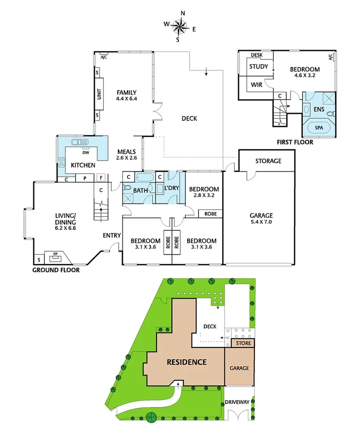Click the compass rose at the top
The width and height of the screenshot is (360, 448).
coord(180,27)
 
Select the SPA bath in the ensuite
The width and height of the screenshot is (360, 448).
coord(319,127)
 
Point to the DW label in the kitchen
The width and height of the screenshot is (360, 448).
coord(86,152)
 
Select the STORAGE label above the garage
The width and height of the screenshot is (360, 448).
coord(268,161)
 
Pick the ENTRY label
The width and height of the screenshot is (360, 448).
coord(112,235)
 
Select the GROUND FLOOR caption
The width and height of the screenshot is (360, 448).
coord(55,270)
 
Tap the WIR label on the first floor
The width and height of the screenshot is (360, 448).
coord(257,85)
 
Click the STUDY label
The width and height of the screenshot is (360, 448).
coord(258,67)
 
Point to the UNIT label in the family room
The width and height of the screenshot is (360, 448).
coord(99,94)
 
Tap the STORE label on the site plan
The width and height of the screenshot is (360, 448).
coord(243,343)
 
